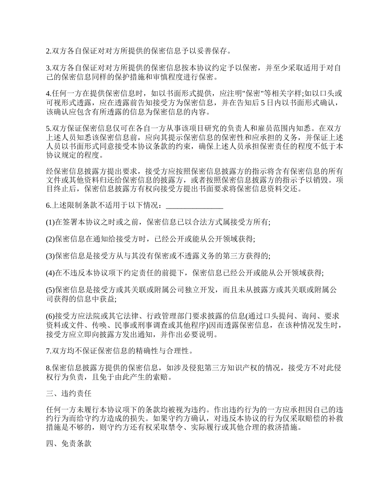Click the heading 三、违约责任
[68, 394]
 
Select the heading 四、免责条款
[68, 444]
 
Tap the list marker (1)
[50, 222]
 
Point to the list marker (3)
[50, 256]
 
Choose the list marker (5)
[50, 290]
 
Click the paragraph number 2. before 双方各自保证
[48, 51]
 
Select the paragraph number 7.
[48, 351]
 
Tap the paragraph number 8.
[48, 368]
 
